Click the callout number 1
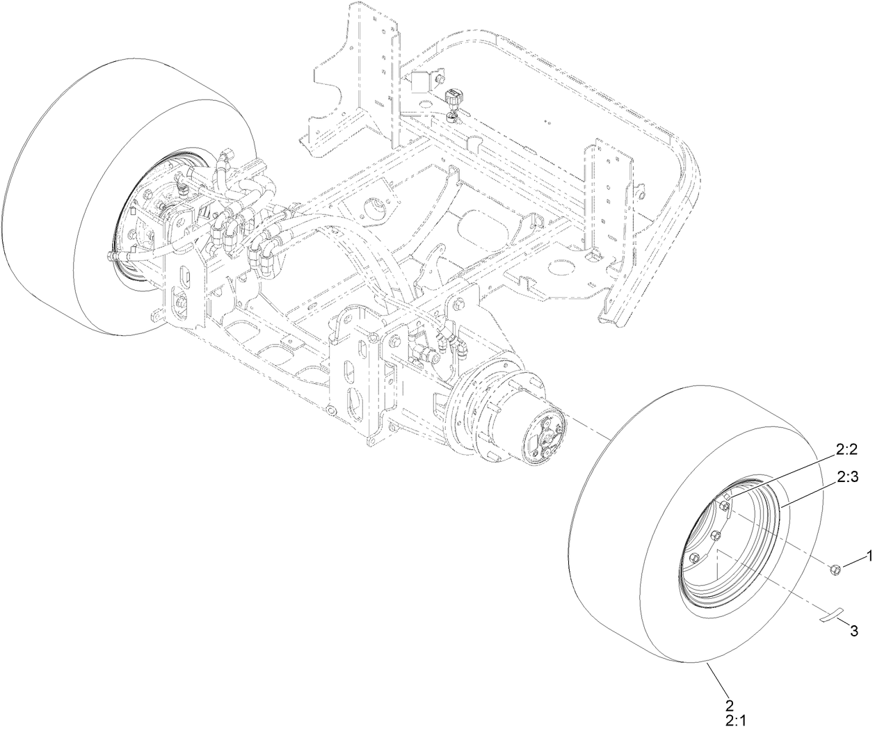click(x=867, y=555)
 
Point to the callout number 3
click(x=854, y=632)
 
